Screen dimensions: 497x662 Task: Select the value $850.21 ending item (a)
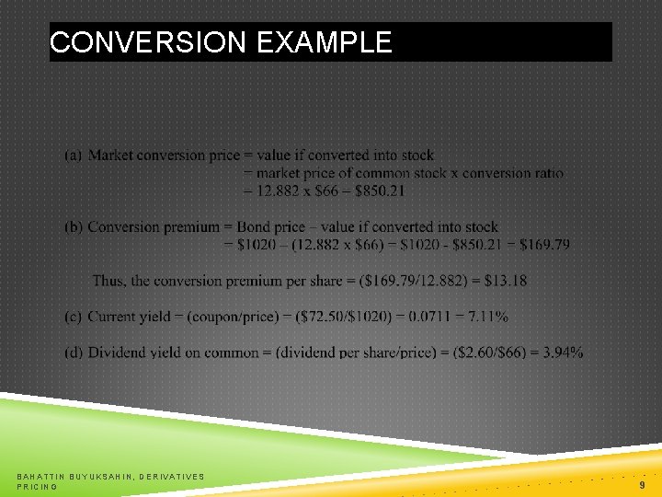pos(373,191)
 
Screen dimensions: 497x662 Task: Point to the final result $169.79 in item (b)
pos(544,245)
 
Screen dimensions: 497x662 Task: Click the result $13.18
pos(503,281)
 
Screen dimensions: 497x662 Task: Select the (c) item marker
pos(73,317)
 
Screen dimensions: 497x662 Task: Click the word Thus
pos(109,281)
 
